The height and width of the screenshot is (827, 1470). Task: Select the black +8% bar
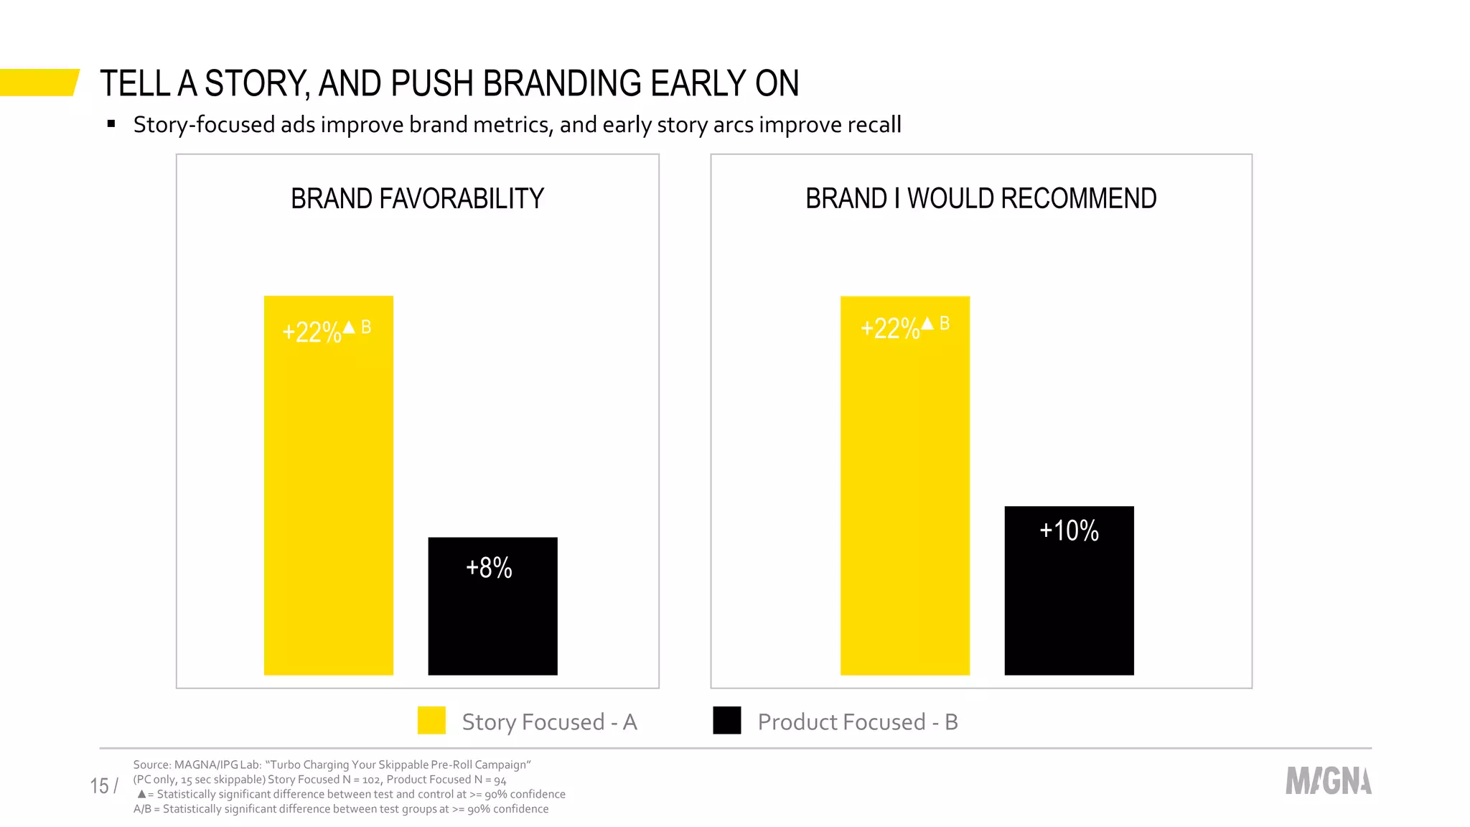492,617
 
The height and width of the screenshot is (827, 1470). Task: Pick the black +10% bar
1069,603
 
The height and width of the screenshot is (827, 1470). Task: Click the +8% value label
489,568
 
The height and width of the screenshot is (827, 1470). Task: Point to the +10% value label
1069,531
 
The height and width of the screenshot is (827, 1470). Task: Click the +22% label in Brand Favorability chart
312,332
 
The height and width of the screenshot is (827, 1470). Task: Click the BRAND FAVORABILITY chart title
417,199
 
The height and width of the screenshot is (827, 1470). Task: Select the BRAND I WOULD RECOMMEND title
980,199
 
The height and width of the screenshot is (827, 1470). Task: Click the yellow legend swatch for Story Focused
431,721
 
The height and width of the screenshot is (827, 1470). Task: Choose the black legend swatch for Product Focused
726,721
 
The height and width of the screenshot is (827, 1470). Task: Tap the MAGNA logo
1328,781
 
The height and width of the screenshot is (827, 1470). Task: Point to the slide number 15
99,786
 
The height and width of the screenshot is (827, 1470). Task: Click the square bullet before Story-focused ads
111,124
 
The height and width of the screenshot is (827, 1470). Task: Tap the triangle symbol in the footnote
141,794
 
